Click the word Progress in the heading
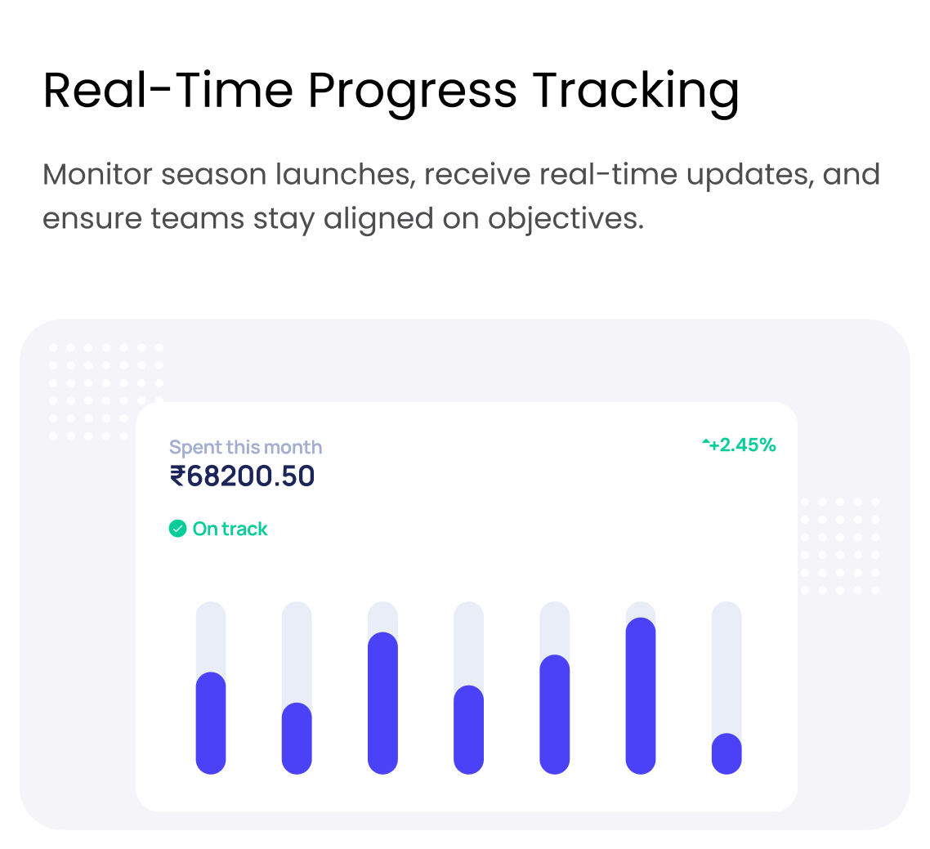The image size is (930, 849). [412, 92]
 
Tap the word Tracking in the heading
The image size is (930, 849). [635, 91]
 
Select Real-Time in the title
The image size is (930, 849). [168, 90]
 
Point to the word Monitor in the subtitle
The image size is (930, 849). [97, 174]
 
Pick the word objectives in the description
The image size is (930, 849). [566, 218]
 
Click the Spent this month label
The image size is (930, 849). [245, 447]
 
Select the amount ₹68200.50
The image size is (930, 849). [242, 476]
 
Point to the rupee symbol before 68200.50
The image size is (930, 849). [177, 476]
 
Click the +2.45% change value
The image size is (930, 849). [743, 445]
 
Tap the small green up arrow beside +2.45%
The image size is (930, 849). [706, 441]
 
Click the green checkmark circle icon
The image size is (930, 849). [178, 528]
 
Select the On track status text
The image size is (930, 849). [230, 529]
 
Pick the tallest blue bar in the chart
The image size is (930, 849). [641, 695]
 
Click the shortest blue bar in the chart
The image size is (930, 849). [727, 753]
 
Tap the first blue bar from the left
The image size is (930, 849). [211, 722]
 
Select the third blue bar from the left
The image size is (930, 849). [382, 704]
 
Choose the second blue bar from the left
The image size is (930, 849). [297, 738]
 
